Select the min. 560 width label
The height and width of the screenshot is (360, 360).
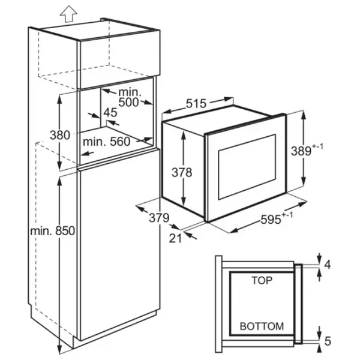106,142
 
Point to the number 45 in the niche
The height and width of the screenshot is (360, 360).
110,112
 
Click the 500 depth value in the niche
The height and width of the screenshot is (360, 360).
129,102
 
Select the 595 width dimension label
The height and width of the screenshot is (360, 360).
270,221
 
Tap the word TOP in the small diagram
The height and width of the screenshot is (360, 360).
262,280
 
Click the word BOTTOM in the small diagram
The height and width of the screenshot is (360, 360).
262,326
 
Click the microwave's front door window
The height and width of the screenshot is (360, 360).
247,168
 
